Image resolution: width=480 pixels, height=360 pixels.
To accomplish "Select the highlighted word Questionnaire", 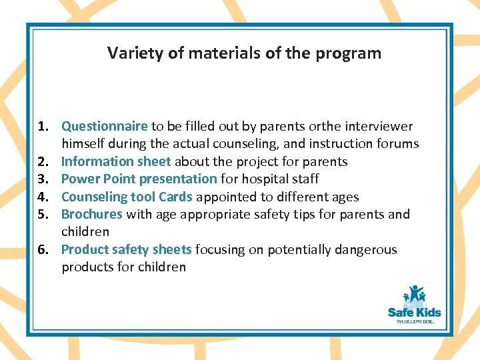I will (x=105, y=127).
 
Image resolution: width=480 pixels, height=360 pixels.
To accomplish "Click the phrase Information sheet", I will (x=116, y=161).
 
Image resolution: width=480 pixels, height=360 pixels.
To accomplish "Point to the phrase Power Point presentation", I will (x=139, y=179).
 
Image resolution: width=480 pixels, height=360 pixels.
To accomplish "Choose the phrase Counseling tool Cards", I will (x=127, y=197).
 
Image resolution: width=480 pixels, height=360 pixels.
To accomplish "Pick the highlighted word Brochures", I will (x=92, y=214).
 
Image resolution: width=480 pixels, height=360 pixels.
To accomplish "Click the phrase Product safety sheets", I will (x=127, y=249).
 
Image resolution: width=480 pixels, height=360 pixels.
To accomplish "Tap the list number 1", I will (x=41, y=126).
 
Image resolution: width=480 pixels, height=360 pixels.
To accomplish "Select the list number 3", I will (x=41, y=179).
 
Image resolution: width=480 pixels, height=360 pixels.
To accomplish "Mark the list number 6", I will (x=41, y=249).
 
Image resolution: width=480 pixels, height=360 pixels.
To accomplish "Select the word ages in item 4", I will (x=345, y=197).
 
